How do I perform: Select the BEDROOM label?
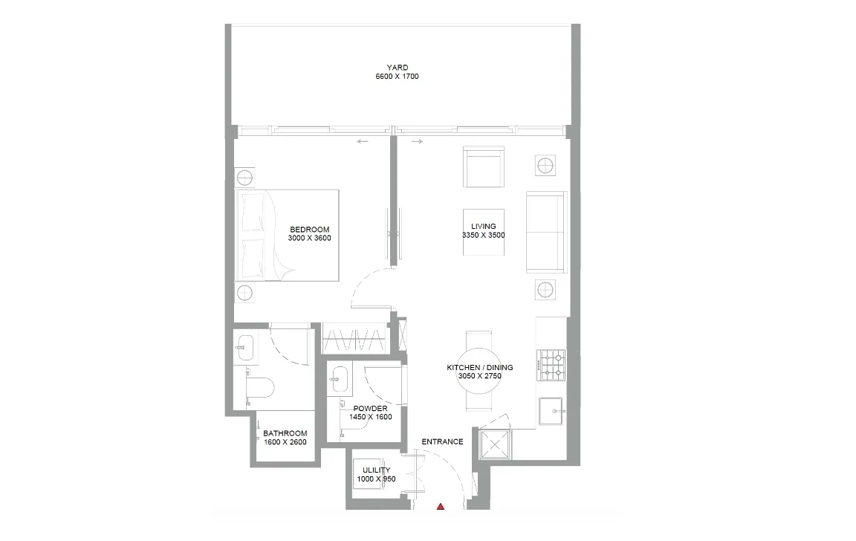tap(309, 230)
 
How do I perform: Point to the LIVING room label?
tap(483, 227)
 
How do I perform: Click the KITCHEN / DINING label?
tap(479, 368)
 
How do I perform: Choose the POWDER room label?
tap(370, 409)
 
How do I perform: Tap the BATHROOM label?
tap(285, 433)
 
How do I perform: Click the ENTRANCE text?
tap(442, 441)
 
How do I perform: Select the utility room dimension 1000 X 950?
tap(376, 479)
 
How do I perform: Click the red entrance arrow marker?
tap(441, 507)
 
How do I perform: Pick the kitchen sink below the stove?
tap(551, 409)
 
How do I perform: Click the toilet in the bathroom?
tap(261, 387)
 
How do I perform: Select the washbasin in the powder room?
tap(340, 378)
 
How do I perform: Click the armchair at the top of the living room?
tap(484, 167)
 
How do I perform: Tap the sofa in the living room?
tap(546, 232)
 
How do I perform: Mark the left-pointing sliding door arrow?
tap(363, 142)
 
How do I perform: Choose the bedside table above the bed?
tap(245, 178)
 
